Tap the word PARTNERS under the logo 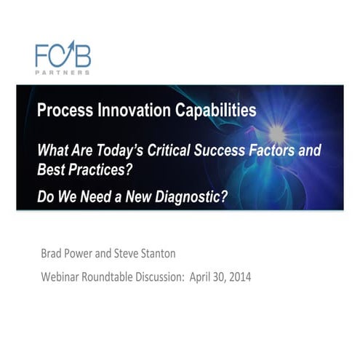click(63, 73)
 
